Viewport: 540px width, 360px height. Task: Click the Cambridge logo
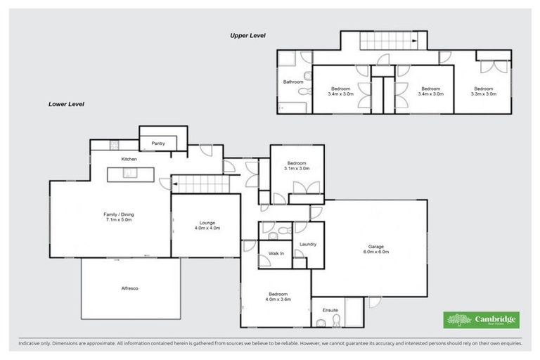point(481,320)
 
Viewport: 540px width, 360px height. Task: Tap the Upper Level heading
point(247,35)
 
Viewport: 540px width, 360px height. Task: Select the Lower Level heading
point(66,104)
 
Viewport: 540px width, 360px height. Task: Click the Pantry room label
point(158,143)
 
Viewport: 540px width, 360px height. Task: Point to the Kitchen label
point(129,160)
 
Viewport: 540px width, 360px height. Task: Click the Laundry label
point(307,244)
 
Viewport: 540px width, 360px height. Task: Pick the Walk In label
point(276,253)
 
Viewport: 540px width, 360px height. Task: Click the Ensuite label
point(330,309)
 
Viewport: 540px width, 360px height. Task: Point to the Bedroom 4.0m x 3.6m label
point(278,297)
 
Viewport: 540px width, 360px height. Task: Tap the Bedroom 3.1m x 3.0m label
point(297,166)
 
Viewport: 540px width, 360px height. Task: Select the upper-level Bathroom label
point(293,82)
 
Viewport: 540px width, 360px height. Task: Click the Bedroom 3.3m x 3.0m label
point(483,91)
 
